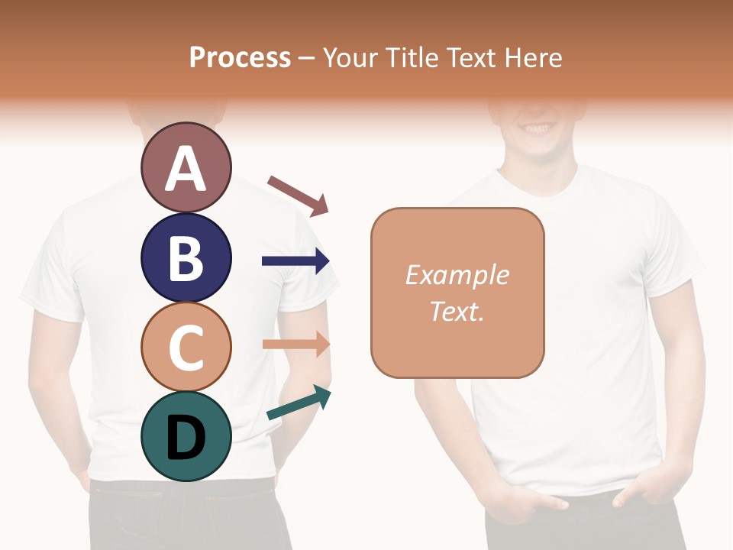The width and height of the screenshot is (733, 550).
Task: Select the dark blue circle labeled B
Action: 186,257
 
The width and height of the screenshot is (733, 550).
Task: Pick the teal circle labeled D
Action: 186,436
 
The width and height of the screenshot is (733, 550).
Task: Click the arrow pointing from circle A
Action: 299,196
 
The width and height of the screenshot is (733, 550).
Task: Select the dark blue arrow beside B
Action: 295,261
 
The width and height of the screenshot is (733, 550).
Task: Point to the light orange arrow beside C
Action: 296,344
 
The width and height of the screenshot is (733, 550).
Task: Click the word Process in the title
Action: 240,58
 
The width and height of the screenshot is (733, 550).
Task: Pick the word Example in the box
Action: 457,275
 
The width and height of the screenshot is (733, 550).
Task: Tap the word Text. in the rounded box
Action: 457,311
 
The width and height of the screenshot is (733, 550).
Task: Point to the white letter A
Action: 186,169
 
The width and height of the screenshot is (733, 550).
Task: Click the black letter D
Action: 186,438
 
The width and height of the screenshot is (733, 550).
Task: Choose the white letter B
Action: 186,258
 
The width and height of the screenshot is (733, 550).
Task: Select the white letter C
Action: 186,348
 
